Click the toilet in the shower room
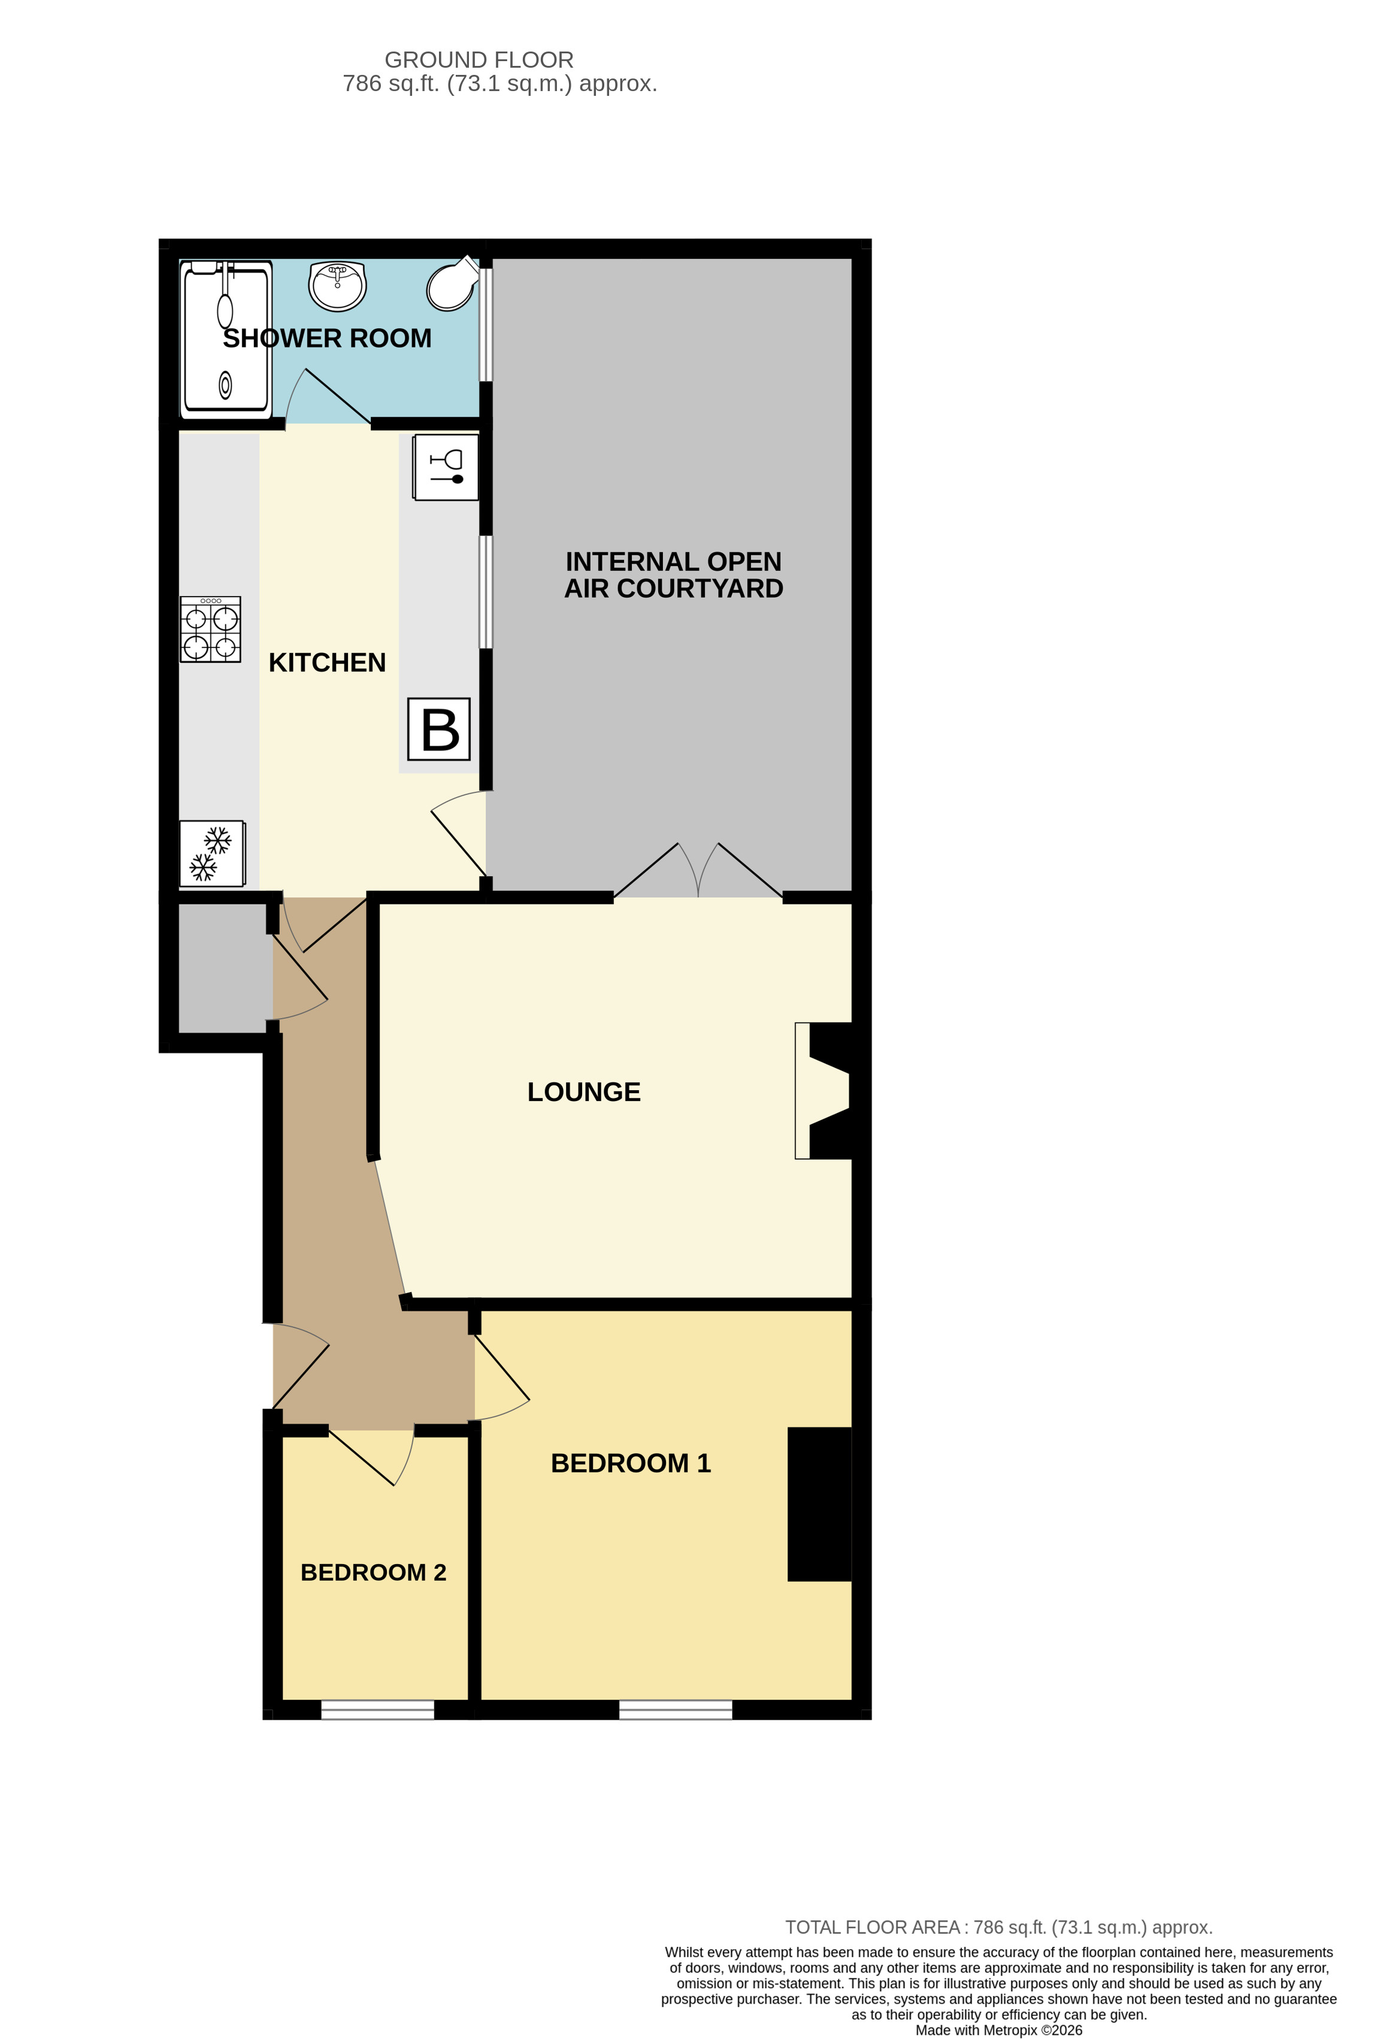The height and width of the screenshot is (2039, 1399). (453, 285)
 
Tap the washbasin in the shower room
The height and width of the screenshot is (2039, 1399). (338, 285)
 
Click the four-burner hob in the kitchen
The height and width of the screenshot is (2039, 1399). (210, 629)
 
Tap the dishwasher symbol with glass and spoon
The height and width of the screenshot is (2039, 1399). (446, 468)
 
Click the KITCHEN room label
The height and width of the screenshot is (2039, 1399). (327, 662)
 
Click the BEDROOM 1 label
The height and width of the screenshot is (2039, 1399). (631, 1463)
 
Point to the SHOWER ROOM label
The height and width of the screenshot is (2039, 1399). (327, 338)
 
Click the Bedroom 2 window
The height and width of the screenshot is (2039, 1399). (377, 1709)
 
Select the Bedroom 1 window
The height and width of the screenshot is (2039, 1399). (676, 1709)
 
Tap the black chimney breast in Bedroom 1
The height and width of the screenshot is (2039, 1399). (819, 1504)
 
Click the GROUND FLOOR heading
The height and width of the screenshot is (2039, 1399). (479, 60)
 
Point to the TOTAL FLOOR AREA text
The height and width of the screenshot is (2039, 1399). (998, 1928)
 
